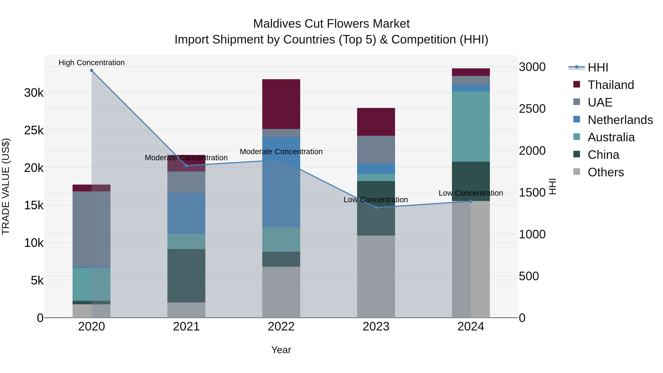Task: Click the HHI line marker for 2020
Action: [x=92, y=71]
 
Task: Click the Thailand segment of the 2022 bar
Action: [x=281, y=104]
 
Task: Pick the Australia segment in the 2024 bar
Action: [x=471, y=127]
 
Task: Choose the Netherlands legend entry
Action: [x=620, y=120]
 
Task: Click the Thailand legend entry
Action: [x=611, y=85]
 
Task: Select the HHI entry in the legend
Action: [x=598, y=67]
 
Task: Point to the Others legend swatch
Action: [x=577, y=172]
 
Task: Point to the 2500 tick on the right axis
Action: [x=532, y=109]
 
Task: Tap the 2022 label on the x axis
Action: [x=281, y=327]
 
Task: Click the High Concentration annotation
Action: [x=92, y=63]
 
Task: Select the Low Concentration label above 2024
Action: [x=471, y=193]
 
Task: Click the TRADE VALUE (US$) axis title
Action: [x=6, y=186]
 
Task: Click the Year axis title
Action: [x=281, y=350]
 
